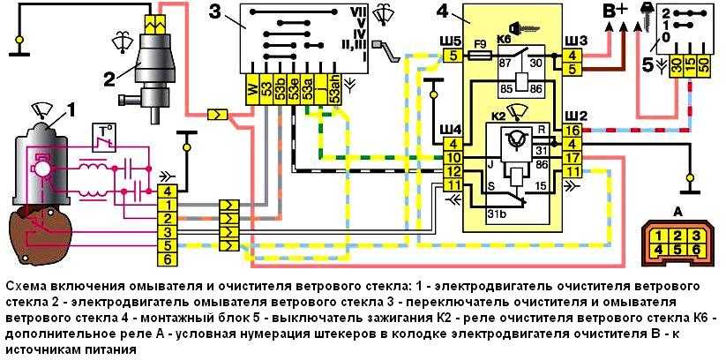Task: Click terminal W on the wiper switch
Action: pos(253,89)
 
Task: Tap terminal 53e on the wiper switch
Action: pos(294,89)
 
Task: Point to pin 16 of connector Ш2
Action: pos(573,131)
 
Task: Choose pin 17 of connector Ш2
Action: pos(573,158)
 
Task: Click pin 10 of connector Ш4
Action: pos(453,158)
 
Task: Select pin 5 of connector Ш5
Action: pos(453,56)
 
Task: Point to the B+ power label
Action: pos(617,11)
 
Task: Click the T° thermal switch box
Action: pos(103,138)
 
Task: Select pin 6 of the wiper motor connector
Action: pos(166,259)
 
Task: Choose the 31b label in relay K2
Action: pos(497,214)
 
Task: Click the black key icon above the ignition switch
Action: pos(646,15)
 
